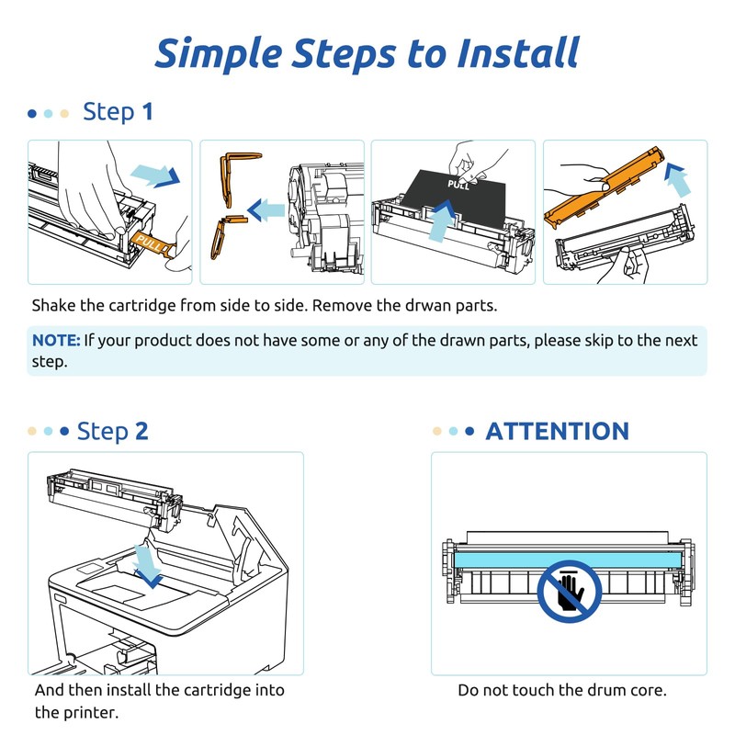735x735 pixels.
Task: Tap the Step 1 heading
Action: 118,113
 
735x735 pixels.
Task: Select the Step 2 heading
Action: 112,431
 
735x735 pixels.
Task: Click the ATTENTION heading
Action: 557,431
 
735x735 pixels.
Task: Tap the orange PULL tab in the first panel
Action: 151,243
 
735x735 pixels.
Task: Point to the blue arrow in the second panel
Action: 266,210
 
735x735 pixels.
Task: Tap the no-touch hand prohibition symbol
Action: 570,588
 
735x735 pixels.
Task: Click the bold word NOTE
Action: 56,341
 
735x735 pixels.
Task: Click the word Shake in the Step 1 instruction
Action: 54,306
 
